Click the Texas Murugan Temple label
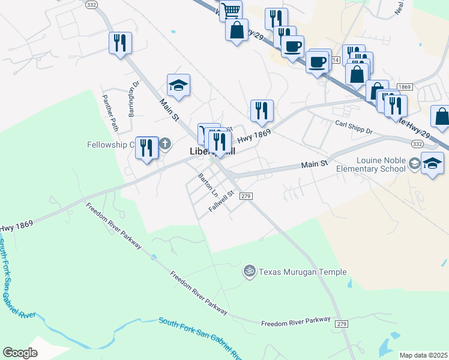pyautogui.click(x=303, y=272)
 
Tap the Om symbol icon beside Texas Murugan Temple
pyautogui.click(x=250, y=272)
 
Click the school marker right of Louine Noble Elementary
pyautogui.click(x=432, y=164)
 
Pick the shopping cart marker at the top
pyautogui.click(x=231, y=10)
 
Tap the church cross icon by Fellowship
pyautogui.click(x=165, y=144)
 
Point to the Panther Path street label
pyautogui.click(x=110, y=112)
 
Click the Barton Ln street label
pyautogui.click(x=208, y=185)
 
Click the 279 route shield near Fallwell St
pyautogui.click(x=244, y=196)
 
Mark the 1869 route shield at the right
pyautogui.click(x=404, y=87)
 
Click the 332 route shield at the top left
pyautogui.click(x=91, y=4)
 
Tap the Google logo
pyautogui.click(x=20, y=353)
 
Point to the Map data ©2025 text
pyautogui.click(x=423, y=355)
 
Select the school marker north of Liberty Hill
pyautogui.click(x=178, y=86)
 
